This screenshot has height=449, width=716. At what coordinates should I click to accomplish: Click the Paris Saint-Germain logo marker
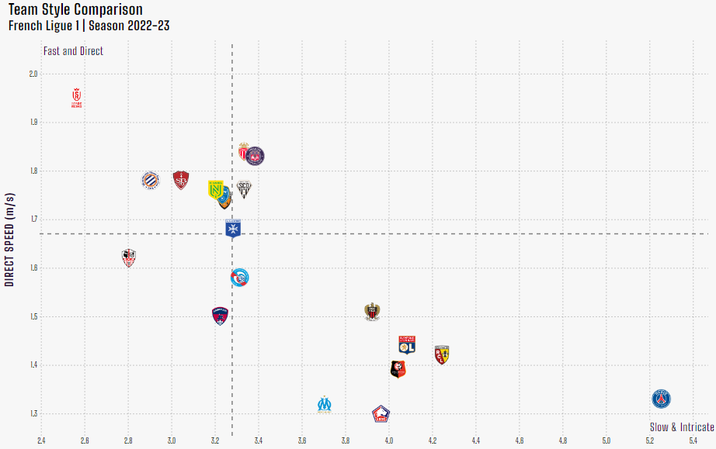click(x=661, y=399)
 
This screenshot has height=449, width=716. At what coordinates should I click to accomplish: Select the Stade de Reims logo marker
click(x=76, y=98)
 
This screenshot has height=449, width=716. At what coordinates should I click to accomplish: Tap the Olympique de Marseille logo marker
click(x=325, y=404)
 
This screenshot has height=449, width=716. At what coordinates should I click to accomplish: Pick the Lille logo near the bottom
click(x=381, y=413)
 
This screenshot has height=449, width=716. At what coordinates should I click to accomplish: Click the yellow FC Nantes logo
click(x=215, y=188)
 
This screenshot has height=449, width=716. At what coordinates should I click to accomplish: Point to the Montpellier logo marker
click(x=150, y=181)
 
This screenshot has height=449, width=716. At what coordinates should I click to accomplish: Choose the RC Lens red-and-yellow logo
click(x=442, y=354)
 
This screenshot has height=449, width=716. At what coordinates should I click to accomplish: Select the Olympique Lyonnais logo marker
click(x=407, y=344)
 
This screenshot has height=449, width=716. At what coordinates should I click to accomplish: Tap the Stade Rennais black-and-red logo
click(x=398, y=369)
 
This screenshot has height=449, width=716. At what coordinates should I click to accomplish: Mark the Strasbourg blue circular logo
click(x=241, y=278)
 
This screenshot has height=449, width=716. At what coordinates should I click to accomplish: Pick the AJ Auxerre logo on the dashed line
click(x=233, y=229)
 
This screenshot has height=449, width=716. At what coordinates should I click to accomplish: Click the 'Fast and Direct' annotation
click(x=74, y=51)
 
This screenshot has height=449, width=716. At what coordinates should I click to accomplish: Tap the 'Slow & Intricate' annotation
click(x=682, y=427)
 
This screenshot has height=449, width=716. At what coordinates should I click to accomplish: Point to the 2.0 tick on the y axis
click(x=33, y=74)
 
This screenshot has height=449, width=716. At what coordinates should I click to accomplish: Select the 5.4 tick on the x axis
click(x=693, y=441)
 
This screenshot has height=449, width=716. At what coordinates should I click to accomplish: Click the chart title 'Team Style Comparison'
click(x=75, y=10)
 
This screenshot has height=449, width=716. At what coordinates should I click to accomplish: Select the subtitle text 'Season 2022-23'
click(x=130, y=26)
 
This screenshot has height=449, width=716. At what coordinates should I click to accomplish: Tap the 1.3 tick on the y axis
click(x=33, y=413)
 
